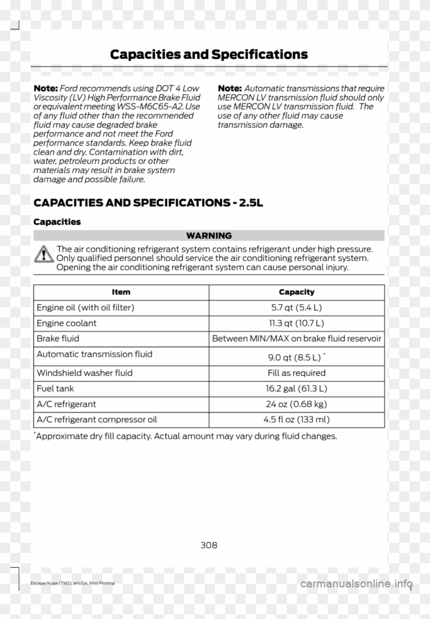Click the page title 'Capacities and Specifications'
pyautogui.click(x=209, y=54)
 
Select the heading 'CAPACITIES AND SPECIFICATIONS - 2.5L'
pyautogui.click(x=148, y=203)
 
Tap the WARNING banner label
pyautogui.click(x=209, y=236)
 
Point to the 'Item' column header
pyautogui.click(x=121, y=292)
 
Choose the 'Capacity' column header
pyautogui.click(x=296, y=292)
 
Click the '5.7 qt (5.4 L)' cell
pyautogui.click(x=296, y=308)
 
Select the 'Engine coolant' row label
pyautogui.click(x=67, y=323)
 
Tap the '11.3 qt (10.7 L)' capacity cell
pyautogui.click(x=296, y=323)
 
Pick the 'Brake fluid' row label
pyautogui.click(x=57, y=338)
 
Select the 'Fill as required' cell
pyautogui.click(x=296, y=373)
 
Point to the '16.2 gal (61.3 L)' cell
pyautogui.click(x=296, y=389)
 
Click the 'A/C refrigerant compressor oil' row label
pyautogui.click(x=97, y=419)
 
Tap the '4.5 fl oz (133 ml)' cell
pyautogui.click(x=296, y=419)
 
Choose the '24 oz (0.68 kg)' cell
pyautogui.click(x=296, y=404)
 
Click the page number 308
pyautogui.click(x=209, y=545)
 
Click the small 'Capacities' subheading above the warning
pyautogui.click(x=57, y=222)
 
